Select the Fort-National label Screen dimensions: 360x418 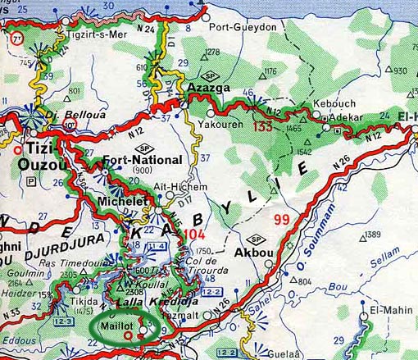138,161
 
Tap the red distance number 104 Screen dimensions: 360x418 194,234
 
